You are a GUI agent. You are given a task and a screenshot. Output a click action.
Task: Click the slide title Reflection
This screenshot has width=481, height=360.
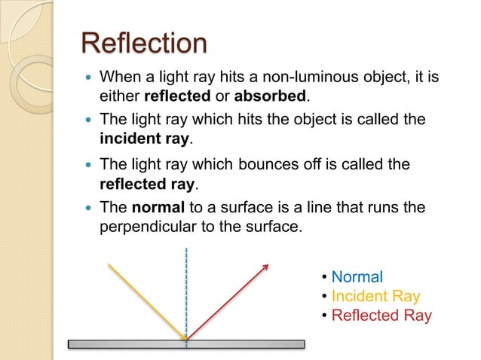click(x=143, y=43)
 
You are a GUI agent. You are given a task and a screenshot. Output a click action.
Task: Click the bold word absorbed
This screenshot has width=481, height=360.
click(x=271, y=97)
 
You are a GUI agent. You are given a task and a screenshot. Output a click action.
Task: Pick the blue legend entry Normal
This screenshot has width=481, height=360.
click(x=357, y=277)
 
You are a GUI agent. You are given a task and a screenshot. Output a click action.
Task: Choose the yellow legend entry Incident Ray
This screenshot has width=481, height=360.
click(x=375, y=296)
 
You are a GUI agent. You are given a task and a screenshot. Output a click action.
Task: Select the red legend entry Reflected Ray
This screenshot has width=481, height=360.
click(x=381, y=315)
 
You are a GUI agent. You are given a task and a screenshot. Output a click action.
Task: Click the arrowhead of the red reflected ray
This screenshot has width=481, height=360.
click(x=266, y=265)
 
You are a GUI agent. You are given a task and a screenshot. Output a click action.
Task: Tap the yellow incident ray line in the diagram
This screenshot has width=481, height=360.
click(x=147, y=301)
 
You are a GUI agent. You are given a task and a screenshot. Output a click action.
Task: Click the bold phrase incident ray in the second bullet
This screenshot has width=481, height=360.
click(x=146, y=139)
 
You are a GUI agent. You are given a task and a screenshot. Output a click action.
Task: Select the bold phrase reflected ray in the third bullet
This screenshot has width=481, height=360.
click(x=147, y=183)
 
